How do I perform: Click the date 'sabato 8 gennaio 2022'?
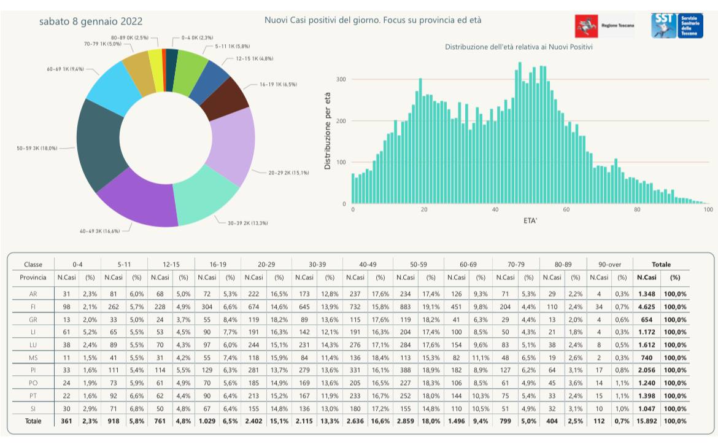tap(91, 21)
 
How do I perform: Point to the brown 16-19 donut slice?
tap(225, 98)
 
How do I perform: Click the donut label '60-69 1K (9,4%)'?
tap(65, 69)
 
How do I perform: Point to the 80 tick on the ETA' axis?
tap(637, 210)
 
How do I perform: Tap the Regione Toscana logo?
tap(604, 26)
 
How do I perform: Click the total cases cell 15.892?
tap(647, 421)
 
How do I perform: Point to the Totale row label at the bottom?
tap(34, 421)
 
